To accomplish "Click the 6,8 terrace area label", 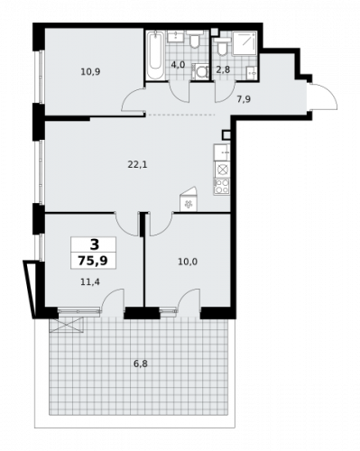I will (138, 364).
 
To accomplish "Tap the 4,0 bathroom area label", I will (179, 65).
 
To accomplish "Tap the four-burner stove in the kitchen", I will (221, 187).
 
